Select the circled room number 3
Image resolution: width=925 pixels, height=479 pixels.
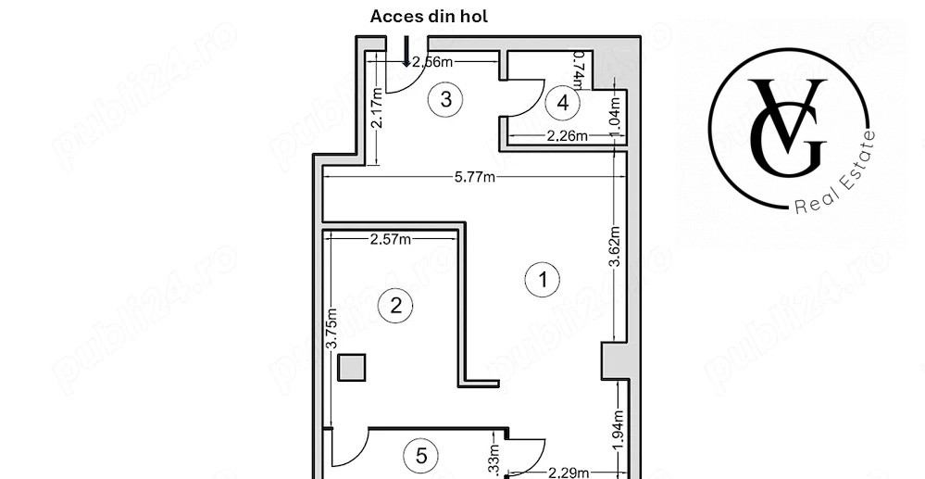pyautogui.click(x=446, y=99)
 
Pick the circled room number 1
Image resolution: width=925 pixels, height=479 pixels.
pyautogui.click(x=542, y=279)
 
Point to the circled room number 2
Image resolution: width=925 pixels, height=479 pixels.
pyautogui.click(x=396, y=305)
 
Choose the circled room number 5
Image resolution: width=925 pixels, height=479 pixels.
pyautogui.click(x=421, y=456)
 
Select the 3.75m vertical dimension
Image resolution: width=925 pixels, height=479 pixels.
pyautogui.click(x=331, y=327)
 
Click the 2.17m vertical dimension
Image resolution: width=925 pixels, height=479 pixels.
pyautogui.click(x=377, y=110)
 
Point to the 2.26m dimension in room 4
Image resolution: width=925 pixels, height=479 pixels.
pyautogui.click(x=568, y=136)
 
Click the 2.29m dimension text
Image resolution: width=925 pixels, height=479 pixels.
pyautogui.click(x=568, y=473)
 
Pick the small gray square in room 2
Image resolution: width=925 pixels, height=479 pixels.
pyautogui.click(x=351, y=368)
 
